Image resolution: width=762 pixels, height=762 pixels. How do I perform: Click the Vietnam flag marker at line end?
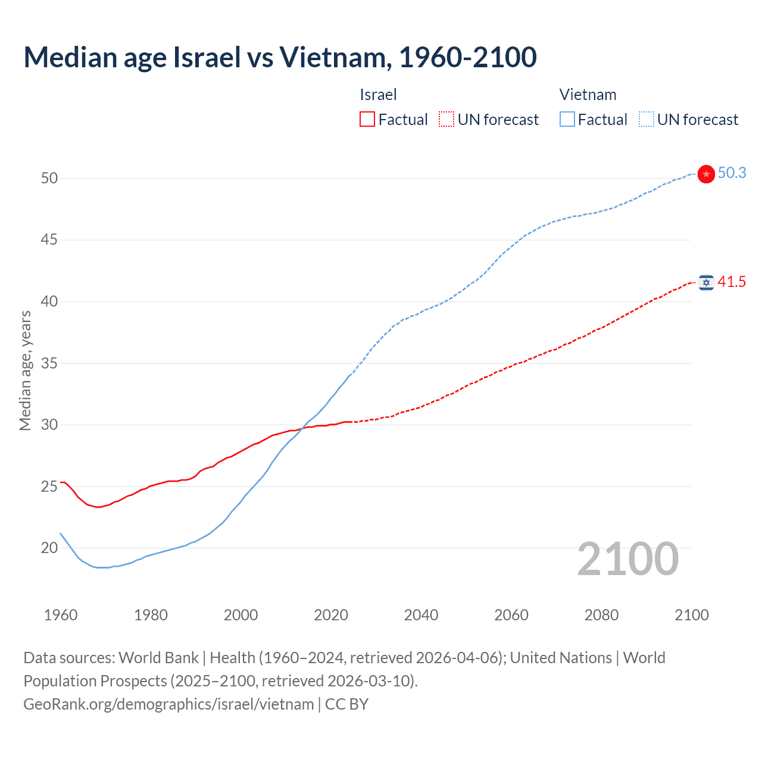tap(706, 174)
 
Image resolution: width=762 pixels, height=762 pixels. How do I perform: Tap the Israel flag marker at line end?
tap(706, 282)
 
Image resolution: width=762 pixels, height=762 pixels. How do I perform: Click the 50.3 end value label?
tap(732, 173)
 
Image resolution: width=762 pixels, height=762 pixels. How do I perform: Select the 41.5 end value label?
tap(732, 282)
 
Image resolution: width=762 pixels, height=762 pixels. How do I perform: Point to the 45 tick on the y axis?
tap(49, 240)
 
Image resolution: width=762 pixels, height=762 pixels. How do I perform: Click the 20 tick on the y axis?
tap(49, 548)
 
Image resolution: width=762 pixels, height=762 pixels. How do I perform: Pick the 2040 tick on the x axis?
tap(421, 615)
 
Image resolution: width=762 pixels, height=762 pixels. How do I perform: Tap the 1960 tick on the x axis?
tap(61, 615)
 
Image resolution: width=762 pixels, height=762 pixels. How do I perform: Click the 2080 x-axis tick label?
tap(601, 615)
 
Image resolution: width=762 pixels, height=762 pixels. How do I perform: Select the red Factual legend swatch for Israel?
tap(367, 120)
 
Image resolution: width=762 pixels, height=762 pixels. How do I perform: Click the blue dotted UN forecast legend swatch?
tap(647, 120)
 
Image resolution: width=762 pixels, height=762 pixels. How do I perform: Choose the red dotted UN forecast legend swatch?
tap(446, 120)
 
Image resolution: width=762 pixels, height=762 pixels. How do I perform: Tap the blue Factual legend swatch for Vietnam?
tap(567, 120)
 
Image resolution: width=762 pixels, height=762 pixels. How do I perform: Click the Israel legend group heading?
tap(378, 95)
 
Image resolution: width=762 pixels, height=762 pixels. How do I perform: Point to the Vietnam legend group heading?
tap(588, 95)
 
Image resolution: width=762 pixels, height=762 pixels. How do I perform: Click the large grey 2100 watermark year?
tap(627, 559)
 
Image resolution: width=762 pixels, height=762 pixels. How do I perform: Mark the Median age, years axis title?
tap(25, 370)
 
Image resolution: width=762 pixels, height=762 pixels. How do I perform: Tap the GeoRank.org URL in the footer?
tap(168, 704)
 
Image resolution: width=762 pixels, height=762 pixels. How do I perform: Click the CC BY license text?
tap(347, 704)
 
